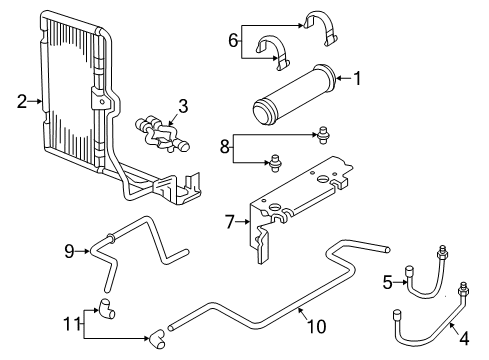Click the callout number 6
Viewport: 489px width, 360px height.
coord(234,40)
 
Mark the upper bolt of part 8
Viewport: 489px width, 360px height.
coord(323,131)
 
